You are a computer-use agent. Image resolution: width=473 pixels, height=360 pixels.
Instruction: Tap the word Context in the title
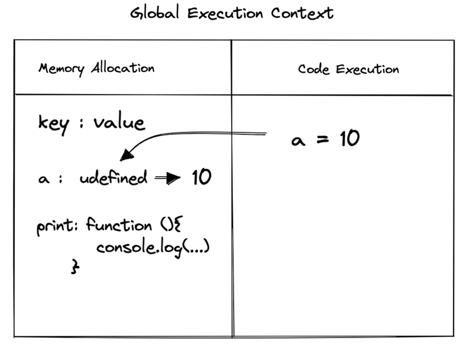(306, 13)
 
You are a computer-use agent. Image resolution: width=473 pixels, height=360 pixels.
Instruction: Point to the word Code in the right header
(314, 69)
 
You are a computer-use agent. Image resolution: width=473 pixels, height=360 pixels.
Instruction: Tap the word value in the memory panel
(118, 122)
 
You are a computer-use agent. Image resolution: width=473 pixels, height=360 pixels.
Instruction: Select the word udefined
(114, 178)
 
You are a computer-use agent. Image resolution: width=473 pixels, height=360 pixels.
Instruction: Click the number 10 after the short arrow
(201, 177)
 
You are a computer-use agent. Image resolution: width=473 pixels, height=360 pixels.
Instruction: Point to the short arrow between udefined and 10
(168, 179)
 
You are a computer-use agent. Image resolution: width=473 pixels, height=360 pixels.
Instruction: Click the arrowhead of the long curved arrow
(125, 156)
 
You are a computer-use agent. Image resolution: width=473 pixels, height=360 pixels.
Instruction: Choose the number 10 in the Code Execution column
(349, 139)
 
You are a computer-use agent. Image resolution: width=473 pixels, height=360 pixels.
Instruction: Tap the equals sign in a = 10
(322, 141)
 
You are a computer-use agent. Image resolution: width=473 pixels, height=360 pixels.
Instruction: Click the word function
(118, 225)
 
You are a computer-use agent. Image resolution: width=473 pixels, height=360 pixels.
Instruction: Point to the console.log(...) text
(153, 246)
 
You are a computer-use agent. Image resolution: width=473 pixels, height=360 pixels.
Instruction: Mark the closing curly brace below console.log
(75, 267)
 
